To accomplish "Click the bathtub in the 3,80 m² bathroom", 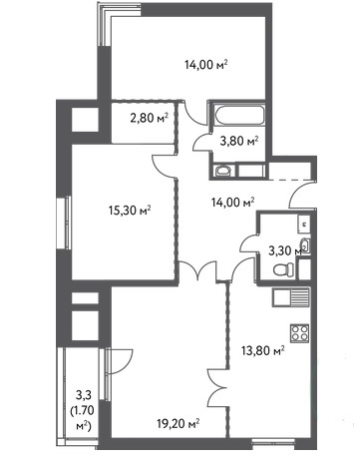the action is click(239, 115).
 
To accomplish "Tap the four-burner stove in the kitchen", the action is click(299, 333).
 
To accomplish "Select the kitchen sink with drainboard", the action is click(291, 296).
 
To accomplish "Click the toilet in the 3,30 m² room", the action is click(283, 269).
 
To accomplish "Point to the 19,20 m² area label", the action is click(179, 423).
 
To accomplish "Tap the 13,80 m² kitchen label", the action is click(262, 350).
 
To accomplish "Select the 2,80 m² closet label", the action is click(149, 118).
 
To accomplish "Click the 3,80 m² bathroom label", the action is click(239, 142).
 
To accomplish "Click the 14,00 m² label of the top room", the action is click(206, 64).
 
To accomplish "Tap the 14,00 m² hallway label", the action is click(233, 202).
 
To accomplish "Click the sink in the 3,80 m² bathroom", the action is click(222, 171).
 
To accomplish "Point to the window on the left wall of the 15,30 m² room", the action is click(68, 223).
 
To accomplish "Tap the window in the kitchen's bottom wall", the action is click(272, 442).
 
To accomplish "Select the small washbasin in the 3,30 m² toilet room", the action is click(306, 245).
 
